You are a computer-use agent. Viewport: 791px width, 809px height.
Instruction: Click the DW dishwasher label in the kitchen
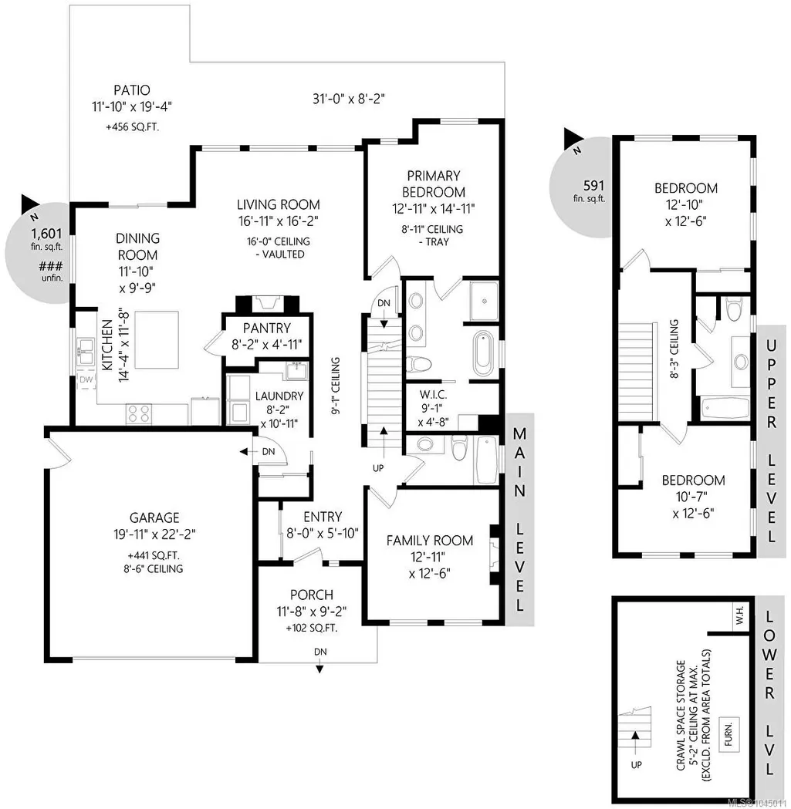pos(86,379)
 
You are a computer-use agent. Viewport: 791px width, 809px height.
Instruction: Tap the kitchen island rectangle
pos(157,340)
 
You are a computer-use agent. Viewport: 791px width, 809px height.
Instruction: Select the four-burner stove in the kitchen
pos(139,414)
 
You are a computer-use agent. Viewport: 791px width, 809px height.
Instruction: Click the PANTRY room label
pos(267,328)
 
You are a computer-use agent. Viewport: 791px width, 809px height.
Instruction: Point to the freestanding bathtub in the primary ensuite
pos(484,354)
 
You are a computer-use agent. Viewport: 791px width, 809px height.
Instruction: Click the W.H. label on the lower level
pos(740,615)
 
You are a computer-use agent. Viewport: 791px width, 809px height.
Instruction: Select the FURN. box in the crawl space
pos(728,733)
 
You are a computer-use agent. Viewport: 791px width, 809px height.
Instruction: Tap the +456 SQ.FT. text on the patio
pos(132,127)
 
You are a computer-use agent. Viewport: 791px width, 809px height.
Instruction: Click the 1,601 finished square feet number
pos(46,233)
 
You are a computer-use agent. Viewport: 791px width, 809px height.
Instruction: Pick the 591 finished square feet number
pos(593,185)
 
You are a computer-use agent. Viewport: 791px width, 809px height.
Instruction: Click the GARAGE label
pos(154,517)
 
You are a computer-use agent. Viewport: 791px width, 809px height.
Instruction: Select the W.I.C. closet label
pos(433,395)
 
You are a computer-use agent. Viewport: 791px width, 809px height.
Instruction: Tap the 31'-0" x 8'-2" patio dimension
pos(349,99)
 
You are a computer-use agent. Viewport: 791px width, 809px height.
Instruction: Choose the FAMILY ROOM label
pos(430,541)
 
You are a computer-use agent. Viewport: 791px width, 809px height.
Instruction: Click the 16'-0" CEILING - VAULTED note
pos(279,248)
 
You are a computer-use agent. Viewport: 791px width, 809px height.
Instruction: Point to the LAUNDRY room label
pos(279,396)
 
